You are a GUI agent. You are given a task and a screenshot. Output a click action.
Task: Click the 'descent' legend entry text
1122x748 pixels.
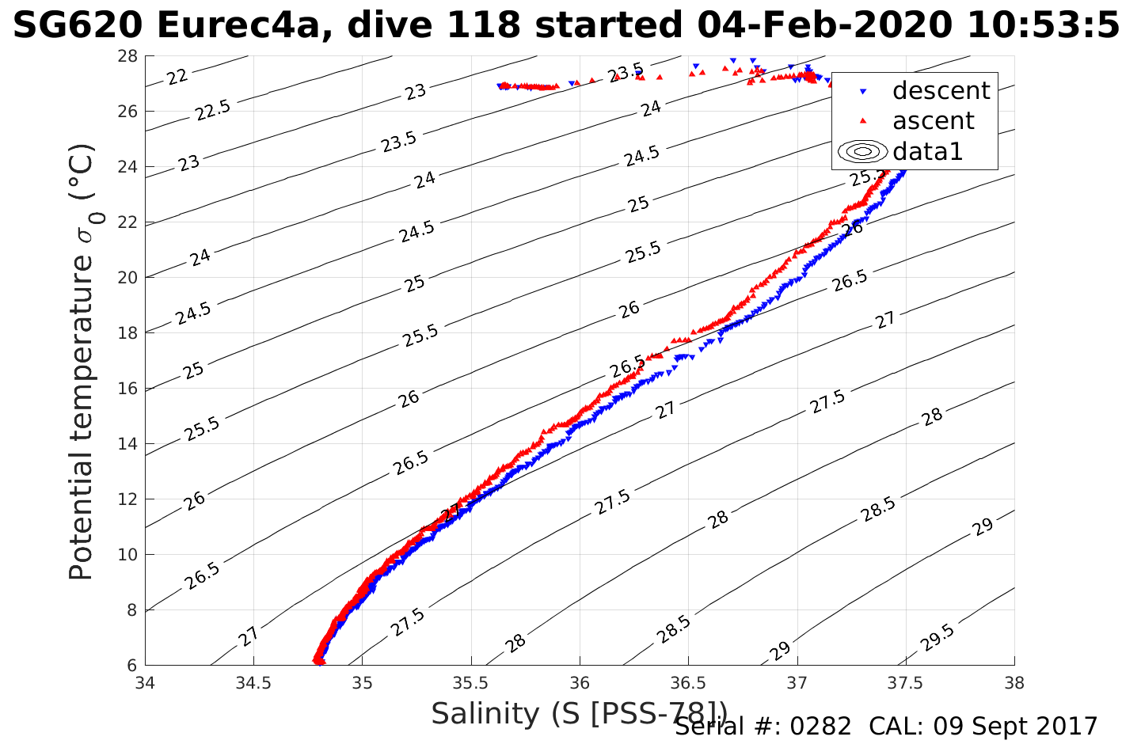(941, 91)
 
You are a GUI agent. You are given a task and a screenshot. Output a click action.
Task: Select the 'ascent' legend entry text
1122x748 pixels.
(933, 121)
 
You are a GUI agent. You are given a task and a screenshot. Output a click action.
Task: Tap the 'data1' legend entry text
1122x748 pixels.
(927, 151)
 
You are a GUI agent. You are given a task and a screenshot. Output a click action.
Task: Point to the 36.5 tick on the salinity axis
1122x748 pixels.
(688, 682)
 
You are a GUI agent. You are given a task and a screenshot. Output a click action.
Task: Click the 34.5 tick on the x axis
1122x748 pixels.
(253, 682)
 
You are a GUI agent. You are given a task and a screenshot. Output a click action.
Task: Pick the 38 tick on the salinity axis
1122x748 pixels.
(1014, 682)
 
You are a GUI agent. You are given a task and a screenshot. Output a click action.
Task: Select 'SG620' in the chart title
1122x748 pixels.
(78, 26)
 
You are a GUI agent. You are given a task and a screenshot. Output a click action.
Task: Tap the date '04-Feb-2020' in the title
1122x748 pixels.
(823, 26)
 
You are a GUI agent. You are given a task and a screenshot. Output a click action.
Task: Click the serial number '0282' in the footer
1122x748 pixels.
(822, 727)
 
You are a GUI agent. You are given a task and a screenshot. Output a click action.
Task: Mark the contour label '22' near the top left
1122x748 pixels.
(177, 77)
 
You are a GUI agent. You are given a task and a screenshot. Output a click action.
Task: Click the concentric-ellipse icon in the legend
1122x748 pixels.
(862, 151)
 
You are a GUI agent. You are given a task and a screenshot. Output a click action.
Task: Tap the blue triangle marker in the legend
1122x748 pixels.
(863, 92)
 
